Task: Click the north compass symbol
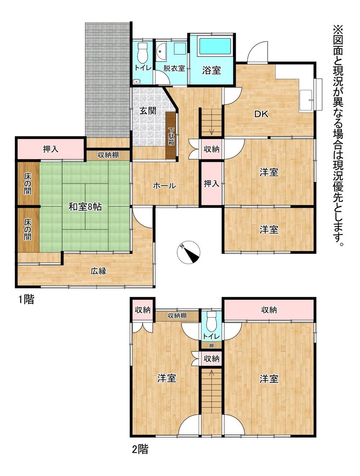coord(188,252)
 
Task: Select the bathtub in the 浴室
coord(215,46)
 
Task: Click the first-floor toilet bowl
coord(143,53)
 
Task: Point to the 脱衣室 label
coord(174,68)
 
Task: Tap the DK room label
coord(261,114)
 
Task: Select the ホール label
coord(164,185)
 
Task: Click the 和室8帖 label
coord(85,207)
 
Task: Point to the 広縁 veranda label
coord(99,271)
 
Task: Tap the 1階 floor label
coord(26,299)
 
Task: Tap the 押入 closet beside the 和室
coord(50,149)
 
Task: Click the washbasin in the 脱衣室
coord(161,52)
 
